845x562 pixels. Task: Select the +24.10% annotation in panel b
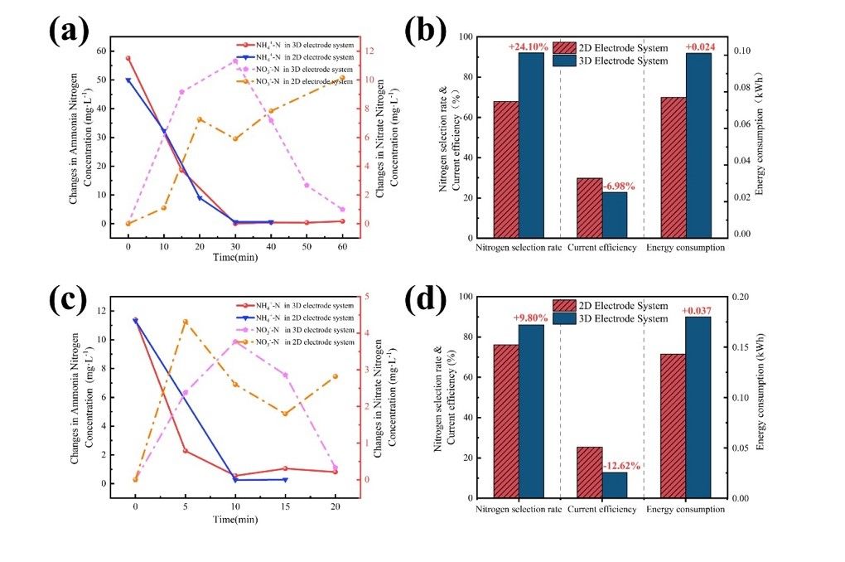(528, 47)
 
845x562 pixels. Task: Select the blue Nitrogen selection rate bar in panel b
(531, 145)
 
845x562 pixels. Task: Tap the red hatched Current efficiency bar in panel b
(589, 208)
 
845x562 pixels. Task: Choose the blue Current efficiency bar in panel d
(614, 485)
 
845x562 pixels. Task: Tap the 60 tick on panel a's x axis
(342, 246)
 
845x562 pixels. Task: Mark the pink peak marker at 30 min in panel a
(235, 61)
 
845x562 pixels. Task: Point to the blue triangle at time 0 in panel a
(128, 80)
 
